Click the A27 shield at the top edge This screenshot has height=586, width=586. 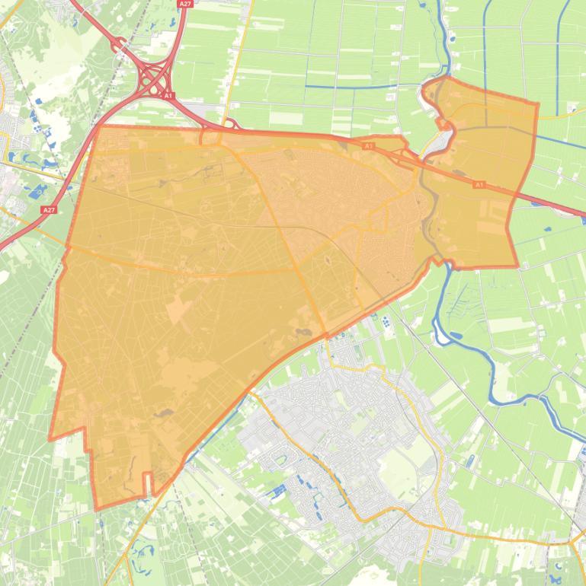[185, 4]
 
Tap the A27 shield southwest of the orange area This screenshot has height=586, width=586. [50, 209]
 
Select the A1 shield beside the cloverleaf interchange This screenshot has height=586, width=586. [168, 96]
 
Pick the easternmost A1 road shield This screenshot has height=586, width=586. [479, 184]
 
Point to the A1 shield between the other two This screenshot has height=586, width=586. [369, 145]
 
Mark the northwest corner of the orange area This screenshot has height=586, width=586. [100, 127]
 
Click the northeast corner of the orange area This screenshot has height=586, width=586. [537, 104]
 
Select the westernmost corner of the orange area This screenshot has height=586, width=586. [50, 439]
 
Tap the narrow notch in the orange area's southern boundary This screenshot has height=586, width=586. [148, 484]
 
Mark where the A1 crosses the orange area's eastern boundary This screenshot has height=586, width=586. [517, 193]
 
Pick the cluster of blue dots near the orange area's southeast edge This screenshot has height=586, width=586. [388, 321]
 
